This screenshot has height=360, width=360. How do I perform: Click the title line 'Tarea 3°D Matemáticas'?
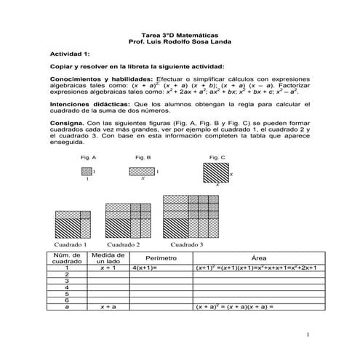(x=180, y=35)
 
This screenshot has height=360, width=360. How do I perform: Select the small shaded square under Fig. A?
(x=87, y=171)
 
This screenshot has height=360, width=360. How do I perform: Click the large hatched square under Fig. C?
(x=215, y=174)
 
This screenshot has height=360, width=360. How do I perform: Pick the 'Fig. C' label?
(x=217, y=157)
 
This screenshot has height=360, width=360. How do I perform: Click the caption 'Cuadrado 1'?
(x=71, y=244)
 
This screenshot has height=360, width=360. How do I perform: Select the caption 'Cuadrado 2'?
(x=124, y=244)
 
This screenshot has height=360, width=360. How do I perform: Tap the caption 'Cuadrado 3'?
(x=186, y=244)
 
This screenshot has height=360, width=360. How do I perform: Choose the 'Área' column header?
(x=257, y=258)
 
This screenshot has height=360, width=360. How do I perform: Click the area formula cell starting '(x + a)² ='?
(x=233, y=306)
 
